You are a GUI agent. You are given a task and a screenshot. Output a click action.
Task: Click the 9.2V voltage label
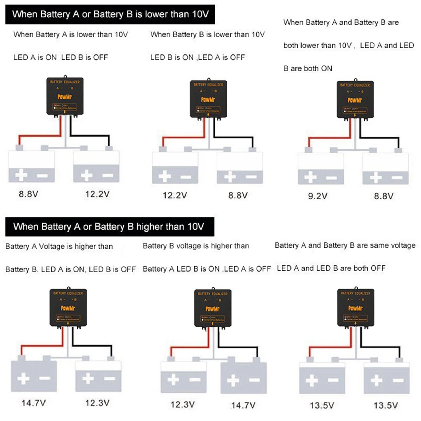coord(318,196)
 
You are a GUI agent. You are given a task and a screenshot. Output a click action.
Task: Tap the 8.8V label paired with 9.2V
coord(384,196)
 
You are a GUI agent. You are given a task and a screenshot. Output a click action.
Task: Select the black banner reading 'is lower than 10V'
coord(110,14)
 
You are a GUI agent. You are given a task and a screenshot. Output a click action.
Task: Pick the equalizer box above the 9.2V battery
coord(355,99)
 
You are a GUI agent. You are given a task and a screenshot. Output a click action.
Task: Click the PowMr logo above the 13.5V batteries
coord(355,308)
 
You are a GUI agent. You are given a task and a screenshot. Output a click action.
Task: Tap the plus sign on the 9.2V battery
coord(310,177)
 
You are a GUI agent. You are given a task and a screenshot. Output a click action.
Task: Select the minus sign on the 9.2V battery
coord(331,178)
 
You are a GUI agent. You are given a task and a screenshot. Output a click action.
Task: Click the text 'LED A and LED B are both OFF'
coord(331,268)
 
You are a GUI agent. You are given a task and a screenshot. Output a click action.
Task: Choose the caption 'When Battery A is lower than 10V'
coord(71,34)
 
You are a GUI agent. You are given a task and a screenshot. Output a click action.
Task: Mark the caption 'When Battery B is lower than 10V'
coord(207,34)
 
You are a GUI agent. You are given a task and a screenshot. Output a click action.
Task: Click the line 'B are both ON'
coord(308,68)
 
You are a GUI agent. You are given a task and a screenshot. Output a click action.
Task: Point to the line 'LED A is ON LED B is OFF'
coord(61,57)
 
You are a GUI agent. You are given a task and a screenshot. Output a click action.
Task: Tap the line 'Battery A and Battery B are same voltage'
coord(345,245)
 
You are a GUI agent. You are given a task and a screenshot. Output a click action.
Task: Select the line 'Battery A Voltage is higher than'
coord(59,246)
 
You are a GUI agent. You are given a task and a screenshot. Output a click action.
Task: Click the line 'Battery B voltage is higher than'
coord(196,246)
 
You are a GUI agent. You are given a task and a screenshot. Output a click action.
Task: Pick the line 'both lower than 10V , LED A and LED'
coord(348,46)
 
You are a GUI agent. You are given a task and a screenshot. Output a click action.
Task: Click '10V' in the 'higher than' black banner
coord(196,227)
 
